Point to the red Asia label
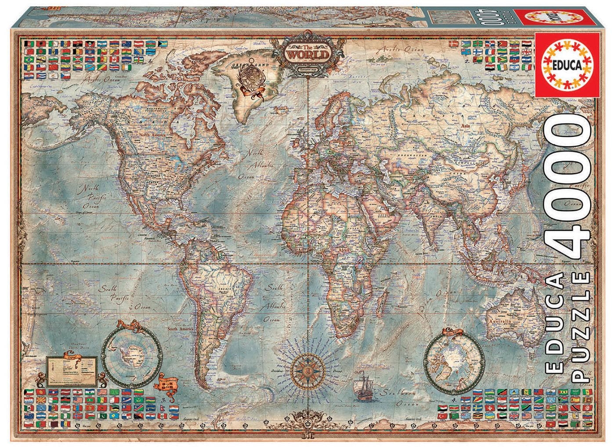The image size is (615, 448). [x=465, y=126]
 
